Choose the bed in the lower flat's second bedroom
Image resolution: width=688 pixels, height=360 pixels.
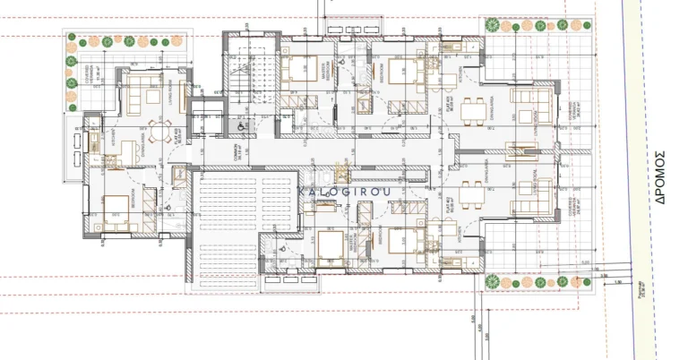pos(406,241)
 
